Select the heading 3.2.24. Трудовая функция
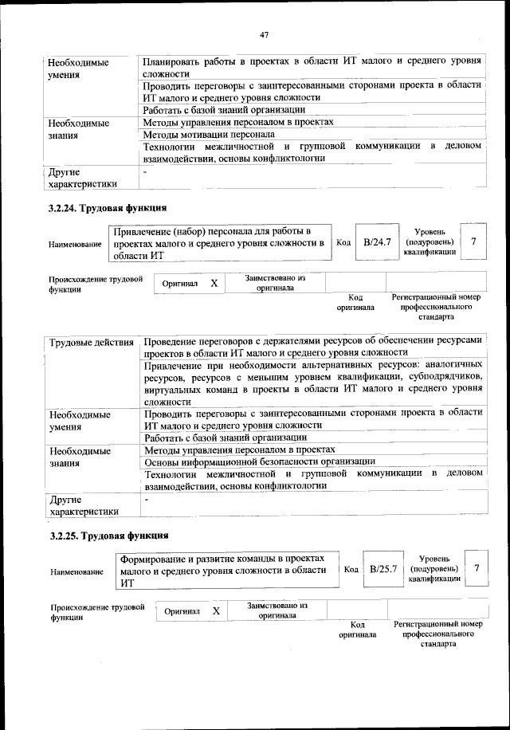pyautogui.click(x=108, y=209)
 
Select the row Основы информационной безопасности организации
pyautogui.click(x=259, y=461)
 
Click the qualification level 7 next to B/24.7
pyautogui.click(x=475, y=241)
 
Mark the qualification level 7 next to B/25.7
pyautogui.click(x=477, y=568)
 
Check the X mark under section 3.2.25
pyautogui.click(x=216, y=610)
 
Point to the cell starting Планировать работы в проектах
pyautogui.click(x=312, y=67)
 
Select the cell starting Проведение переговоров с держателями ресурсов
pyautogui.click(x=313, y=346)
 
